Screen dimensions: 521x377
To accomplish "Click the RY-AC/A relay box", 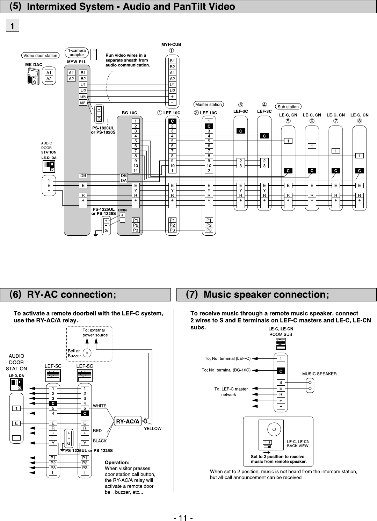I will [128, 422].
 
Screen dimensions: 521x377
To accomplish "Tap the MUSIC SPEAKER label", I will [319, 374].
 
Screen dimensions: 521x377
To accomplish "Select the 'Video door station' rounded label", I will [40, 55].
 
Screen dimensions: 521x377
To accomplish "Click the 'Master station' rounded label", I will [209, 104].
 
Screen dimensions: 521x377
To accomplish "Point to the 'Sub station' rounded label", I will [288, 107].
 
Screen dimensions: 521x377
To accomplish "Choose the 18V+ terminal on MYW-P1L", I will [83, 97].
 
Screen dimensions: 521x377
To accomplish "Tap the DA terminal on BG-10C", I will [124, 180].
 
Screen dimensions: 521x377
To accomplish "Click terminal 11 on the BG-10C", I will [136, 171].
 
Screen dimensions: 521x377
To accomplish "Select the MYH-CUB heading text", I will [171, 45].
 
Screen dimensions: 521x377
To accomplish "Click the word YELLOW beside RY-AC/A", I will [153, 428].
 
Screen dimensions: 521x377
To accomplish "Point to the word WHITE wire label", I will [100, 406].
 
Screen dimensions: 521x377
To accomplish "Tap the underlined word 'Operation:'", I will [117, 463].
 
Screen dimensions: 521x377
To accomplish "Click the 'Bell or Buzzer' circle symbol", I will [87, 353].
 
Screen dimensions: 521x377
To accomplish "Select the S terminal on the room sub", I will [281, 383].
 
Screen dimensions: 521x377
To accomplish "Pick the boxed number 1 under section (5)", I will [13, 26].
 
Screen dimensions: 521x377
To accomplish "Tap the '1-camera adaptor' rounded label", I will [77, 52].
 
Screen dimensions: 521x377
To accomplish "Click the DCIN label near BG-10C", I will [122, 210].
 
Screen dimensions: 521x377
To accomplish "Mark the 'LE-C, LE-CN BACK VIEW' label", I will [298, 443].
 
